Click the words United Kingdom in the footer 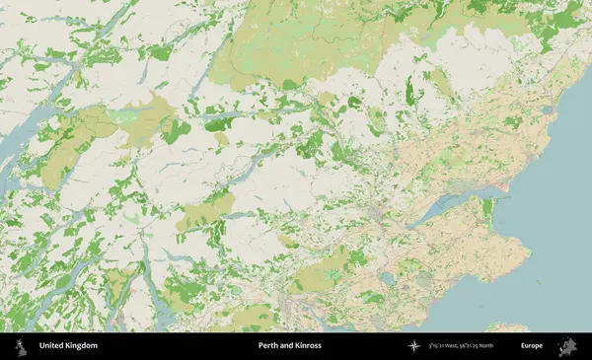tap(68, 346)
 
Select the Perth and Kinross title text tap(287, 346)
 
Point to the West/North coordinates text tap(464, 346)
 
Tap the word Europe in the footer tap(534, 346)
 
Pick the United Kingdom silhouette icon tap(20, 346)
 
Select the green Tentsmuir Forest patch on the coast tap(485, 209)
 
